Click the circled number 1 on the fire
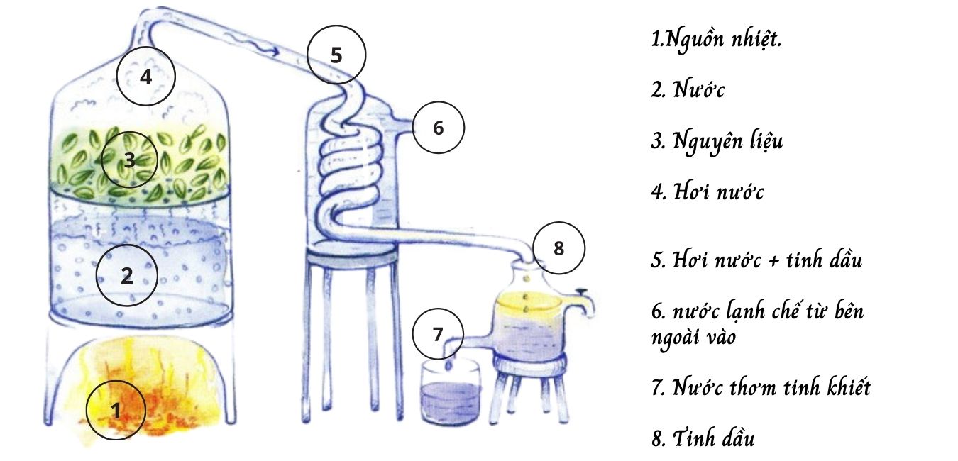[116, 409]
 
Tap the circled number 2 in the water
[126, 275]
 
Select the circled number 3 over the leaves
[128, 160]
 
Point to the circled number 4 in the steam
[145, 77]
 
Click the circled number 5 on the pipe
[336, 55]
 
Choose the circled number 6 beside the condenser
[438, 128]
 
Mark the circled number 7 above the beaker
[438, 333]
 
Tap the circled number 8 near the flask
[558, 248]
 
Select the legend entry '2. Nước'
[688, 90]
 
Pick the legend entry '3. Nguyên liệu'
[717, 141]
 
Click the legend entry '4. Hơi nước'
[708, 191]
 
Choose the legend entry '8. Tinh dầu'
[703, 438]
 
